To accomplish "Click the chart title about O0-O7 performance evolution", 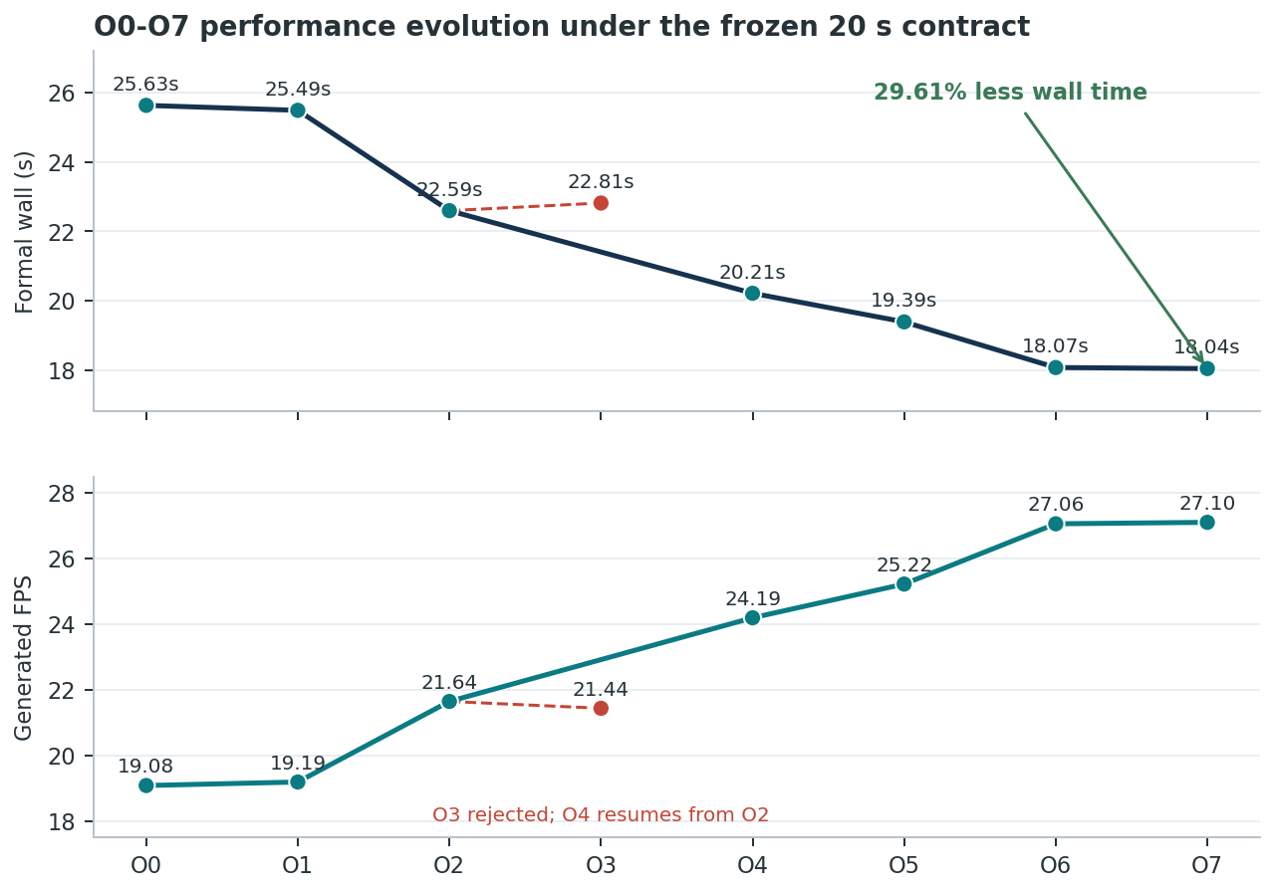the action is (x=562, y=27).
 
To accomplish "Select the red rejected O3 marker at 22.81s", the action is (x=601, y=203).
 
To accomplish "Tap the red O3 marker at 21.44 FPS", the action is (x=601, y=709).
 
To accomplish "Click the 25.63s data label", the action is (x=145, y=85).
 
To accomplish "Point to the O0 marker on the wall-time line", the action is (x=146, y=106).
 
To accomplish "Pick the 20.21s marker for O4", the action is (x=752, y=294).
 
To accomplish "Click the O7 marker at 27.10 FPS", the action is (x=1207, y=523).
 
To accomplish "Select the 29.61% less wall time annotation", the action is (x=1010, y=93).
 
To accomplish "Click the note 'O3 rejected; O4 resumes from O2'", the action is (x=601, y=814).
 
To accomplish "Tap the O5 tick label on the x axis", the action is (x=903, y=866).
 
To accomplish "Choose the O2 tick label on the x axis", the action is (x=449, y=866).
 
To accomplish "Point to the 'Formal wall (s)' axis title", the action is (x=25, y=232).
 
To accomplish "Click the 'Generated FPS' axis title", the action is (x=23, y=658).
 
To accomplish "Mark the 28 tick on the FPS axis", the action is (x=62, y=494).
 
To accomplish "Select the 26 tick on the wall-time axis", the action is (x=62, y=94).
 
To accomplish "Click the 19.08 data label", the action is (x=145, y=766).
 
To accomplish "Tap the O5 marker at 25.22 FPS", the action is (x=903, y=583).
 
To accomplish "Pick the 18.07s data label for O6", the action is (x=1055, y=345).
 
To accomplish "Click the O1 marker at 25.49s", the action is (x=298, y=111).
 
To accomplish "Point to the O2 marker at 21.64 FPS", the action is (x=449, y=702).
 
